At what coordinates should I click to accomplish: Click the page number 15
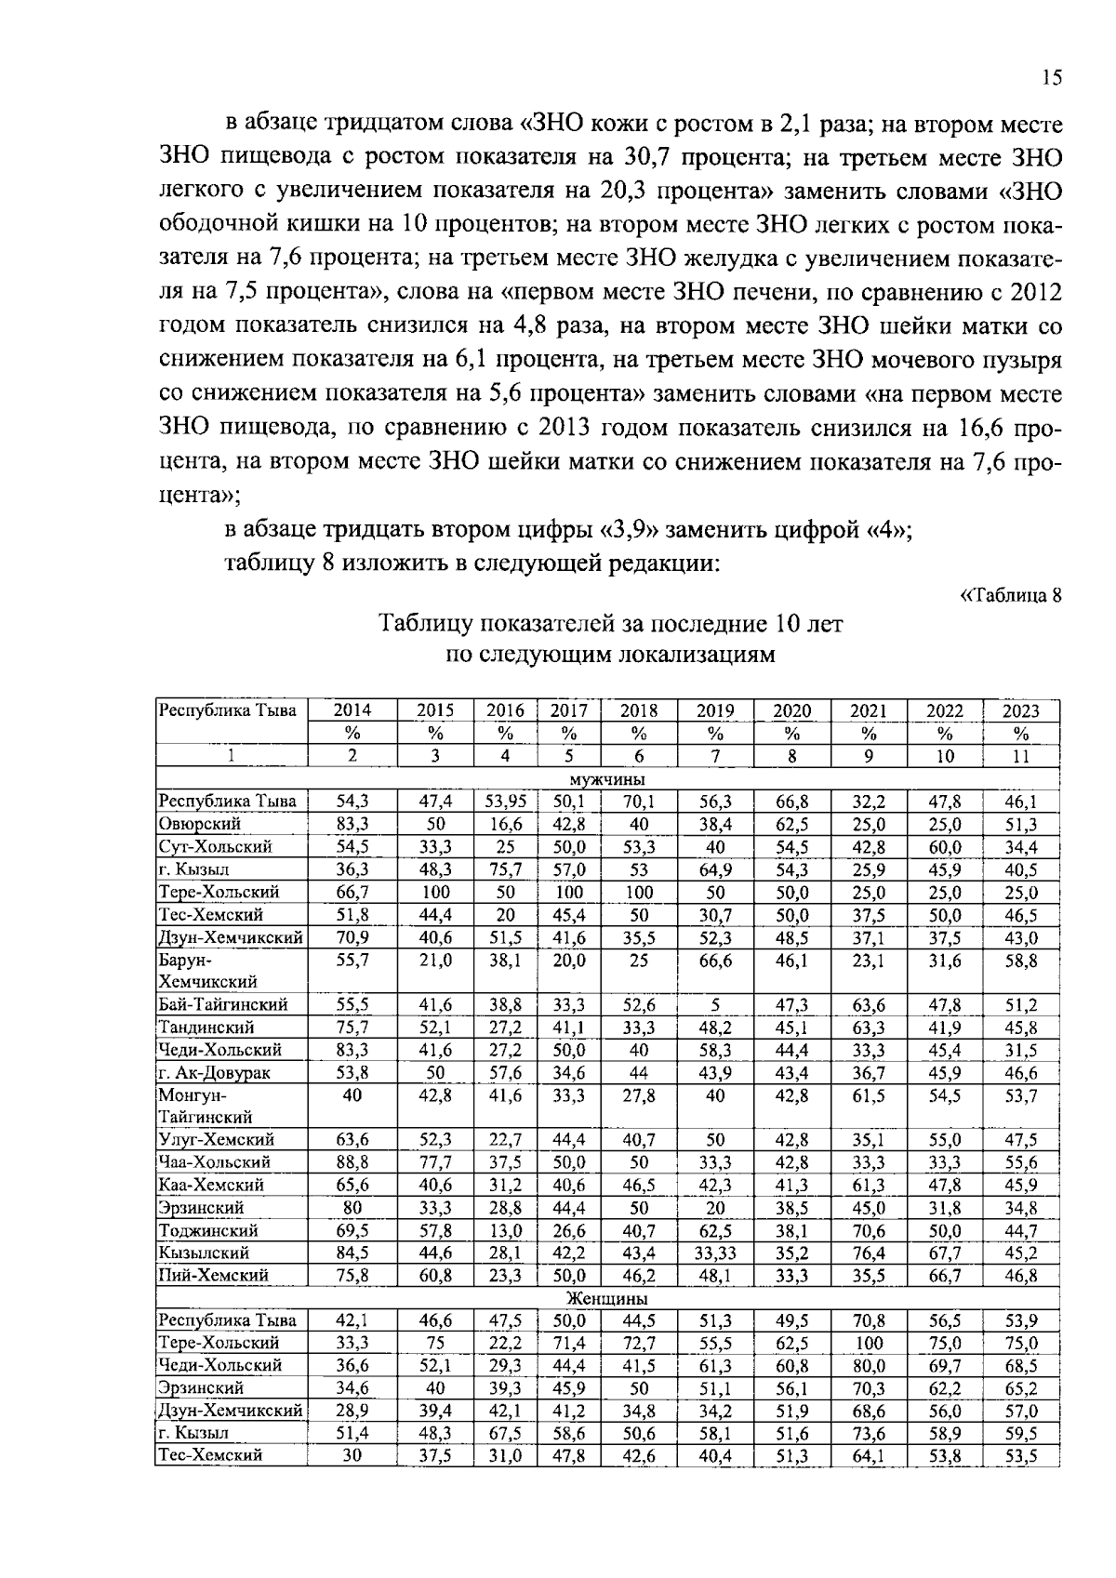pyautogui.click(x=1051, y=77)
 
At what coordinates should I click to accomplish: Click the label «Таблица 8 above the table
pyautogui.click(x=1010, y=596)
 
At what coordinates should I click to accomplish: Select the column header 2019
pyautogui.click(x=715, y=711)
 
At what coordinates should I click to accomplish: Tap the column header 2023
pyautogui.click(x=1020, y=711)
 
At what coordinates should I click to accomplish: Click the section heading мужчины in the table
pyautogui.click(x=607, y=779)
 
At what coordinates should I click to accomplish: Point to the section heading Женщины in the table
pyautogui.click(x=607, y=1298)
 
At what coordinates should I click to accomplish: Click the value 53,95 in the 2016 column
pyautogui.click(x=506, y=802)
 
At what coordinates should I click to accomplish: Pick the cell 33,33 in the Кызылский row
pyautogui.click(x=715, y=1253)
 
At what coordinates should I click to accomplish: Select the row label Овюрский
pyautogui.click(x=200, y=824)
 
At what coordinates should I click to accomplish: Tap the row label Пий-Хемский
pyautogui.click(x=213, y=1275)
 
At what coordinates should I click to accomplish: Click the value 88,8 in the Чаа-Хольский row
pyautogui.click(x=352, y=1162)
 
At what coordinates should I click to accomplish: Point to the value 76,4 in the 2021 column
pyautogui.click(x=868, y=1253)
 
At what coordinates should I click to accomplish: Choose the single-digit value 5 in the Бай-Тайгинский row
pyautogui.click(x=715, y=1004)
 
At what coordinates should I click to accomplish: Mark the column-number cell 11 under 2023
pyautogui.click(x=1020, y=757)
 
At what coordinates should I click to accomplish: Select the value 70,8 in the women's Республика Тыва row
pyautogui.click(x=868, y=1320)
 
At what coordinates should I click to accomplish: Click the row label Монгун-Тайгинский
pyautogui.click(x=206, y=1106)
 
